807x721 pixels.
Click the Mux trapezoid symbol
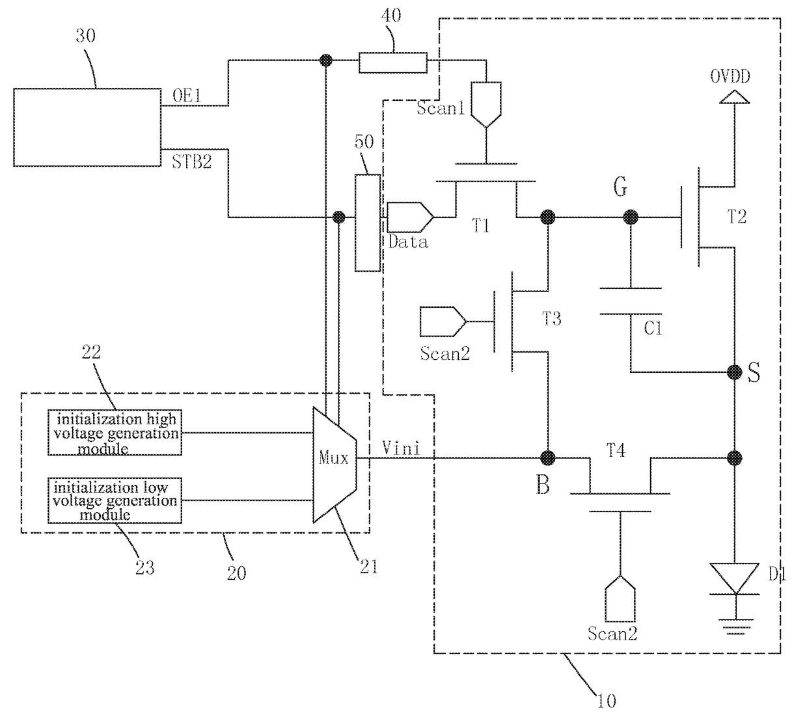pos(335,464)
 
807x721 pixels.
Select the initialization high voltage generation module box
pos(115,432)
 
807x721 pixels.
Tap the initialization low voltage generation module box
pos(115,500)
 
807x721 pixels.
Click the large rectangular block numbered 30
pos(87,127)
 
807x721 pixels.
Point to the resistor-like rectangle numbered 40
pos(392,62)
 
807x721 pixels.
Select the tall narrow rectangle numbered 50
pos(368,223)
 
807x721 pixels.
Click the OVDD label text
pos(730,77)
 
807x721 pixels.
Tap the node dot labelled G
pos(630,217)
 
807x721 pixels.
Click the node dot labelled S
pos(735,372)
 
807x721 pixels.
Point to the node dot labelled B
pos(548,458)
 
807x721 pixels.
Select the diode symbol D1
pos(735,578)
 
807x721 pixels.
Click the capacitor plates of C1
pos(631,301)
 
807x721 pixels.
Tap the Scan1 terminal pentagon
pos(486,105)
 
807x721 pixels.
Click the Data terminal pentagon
pos(410,217)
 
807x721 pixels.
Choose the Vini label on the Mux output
pos(401,448)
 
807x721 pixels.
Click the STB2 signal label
pos(191,162)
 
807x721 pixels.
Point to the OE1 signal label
pos(187,96)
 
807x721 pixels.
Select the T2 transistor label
pos(737,217)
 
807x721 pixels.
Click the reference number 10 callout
pos(607,701)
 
